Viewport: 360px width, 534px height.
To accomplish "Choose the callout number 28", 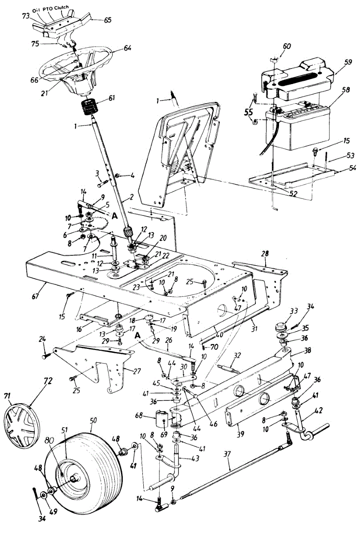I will click(265, 254).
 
